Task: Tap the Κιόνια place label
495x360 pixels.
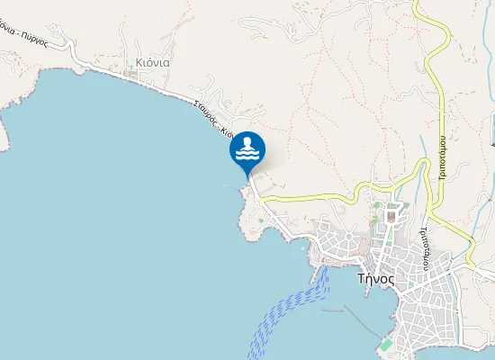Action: tap(152, 63)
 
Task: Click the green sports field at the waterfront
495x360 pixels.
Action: tap(385, 346)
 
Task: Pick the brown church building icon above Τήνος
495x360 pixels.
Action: tap(391, 216)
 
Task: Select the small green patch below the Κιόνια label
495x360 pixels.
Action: tap(131, 73)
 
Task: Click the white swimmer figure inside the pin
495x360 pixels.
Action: tap(247, 142)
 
